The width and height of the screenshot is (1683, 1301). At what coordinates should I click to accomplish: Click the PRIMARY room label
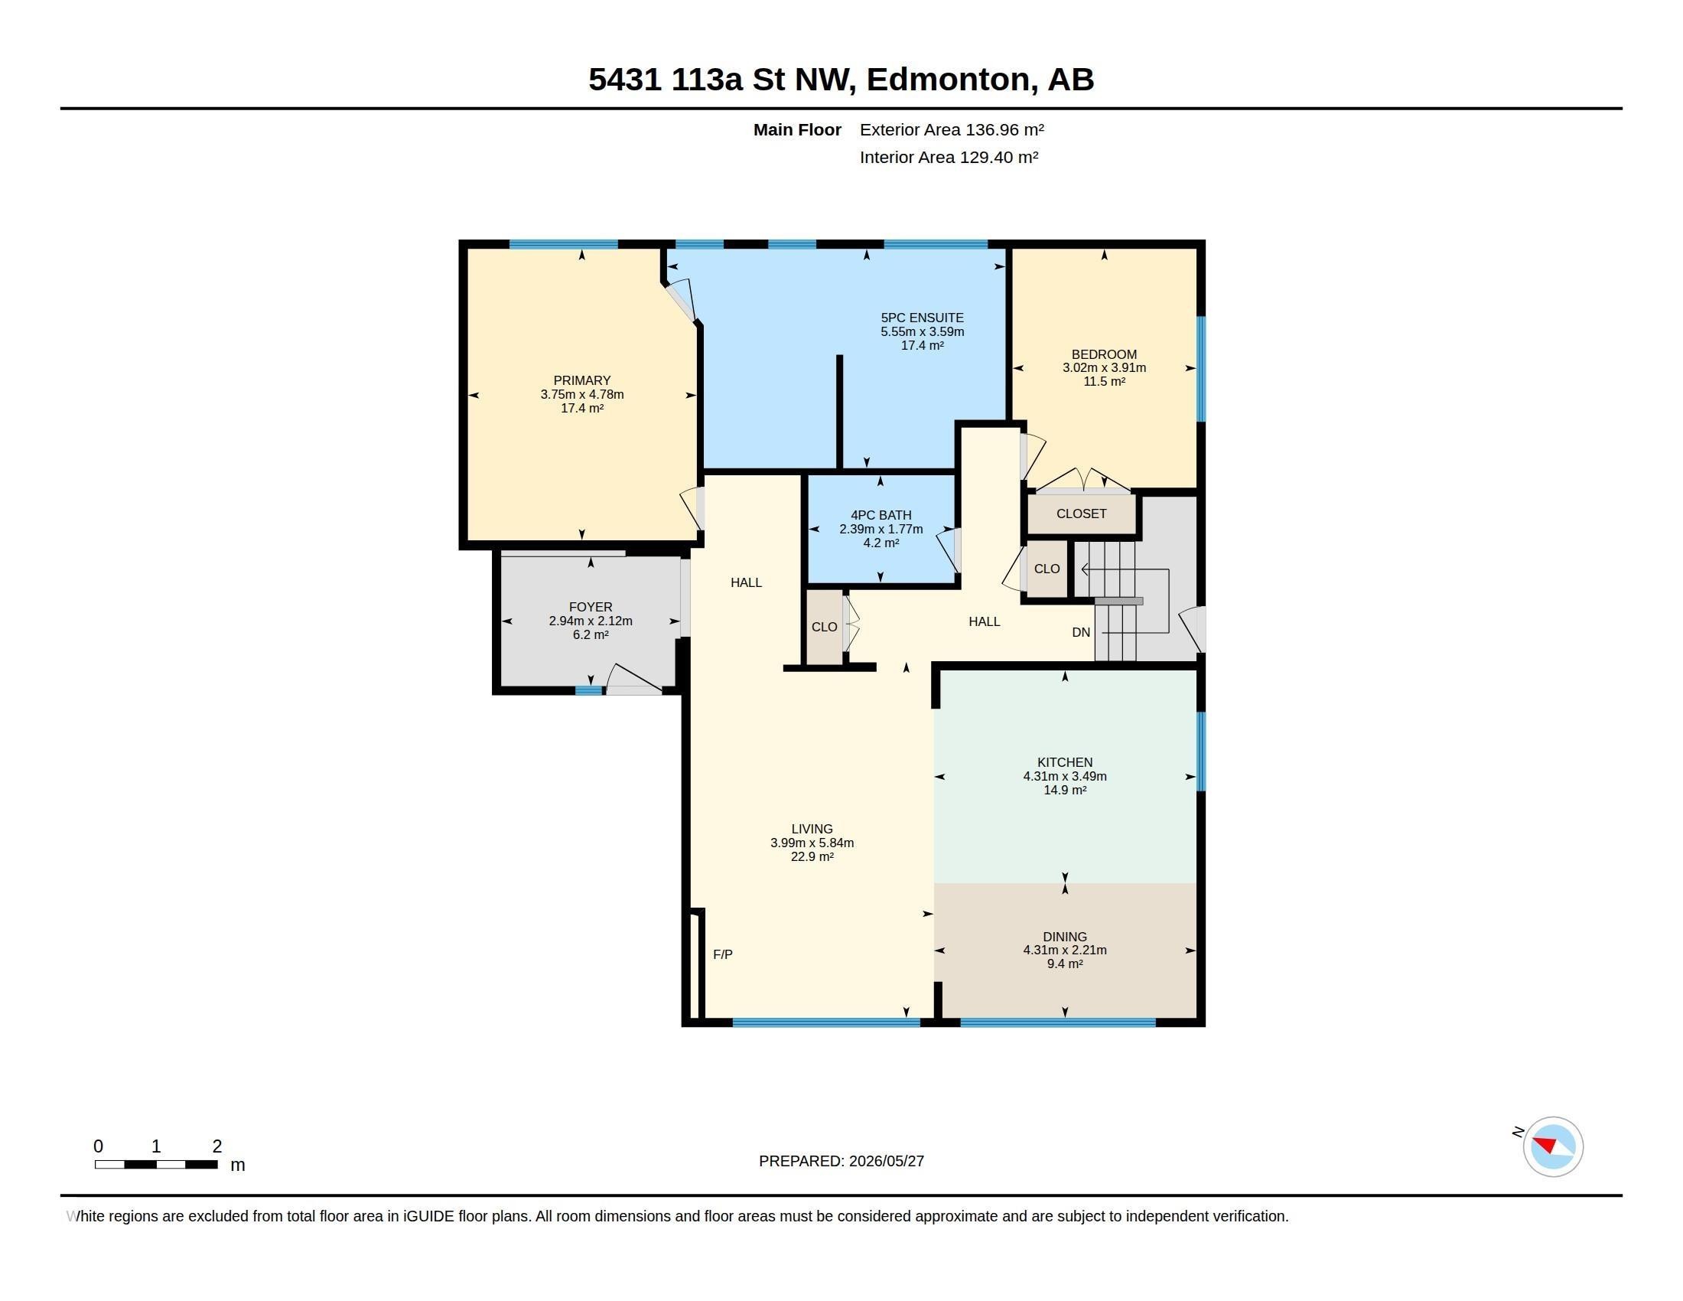pos(582,381)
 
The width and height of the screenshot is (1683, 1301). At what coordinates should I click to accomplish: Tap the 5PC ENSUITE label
pos(923,318)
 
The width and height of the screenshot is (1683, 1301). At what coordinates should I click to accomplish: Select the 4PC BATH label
pos(881,515)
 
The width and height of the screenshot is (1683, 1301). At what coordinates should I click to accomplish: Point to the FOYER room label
pos(591,608)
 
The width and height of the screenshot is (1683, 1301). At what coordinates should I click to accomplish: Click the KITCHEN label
pos(1065,762)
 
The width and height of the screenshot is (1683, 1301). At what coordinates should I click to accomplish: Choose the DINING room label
pos(1065,937)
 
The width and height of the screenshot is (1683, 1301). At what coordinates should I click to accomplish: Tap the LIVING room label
pos(812,830)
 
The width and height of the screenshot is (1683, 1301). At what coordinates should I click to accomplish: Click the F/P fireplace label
pos(723,954)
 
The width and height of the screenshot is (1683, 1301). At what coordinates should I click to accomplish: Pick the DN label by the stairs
pos(1081,632)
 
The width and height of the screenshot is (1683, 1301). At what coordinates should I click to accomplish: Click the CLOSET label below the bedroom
pos(1081,514)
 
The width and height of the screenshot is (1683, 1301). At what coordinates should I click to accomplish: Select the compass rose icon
pos(1553,1147)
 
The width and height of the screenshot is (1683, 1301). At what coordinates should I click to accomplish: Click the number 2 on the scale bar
pos(217,1147)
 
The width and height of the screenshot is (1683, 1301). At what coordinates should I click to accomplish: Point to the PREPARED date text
pos(841,1161)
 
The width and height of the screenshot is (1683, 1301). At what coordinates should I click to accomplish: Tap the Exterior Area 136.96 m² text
pos(952,129)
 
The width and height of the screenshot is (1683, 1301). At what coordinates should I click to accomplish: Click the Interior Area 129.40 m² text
pos(949,157)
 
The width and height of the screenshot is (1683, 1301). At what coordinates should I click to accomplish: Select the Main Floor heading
pos(798,129)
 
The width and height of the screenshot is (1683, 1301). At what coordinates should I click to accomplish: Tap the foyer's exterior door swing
pos(634,679)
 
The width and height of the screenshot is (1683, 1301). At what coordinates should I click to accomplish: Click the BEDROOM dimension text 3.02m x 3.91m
pos(1104,367)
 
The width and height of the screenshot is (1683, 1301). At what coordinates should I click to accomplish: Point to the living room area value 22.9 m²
pos(812,856)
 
